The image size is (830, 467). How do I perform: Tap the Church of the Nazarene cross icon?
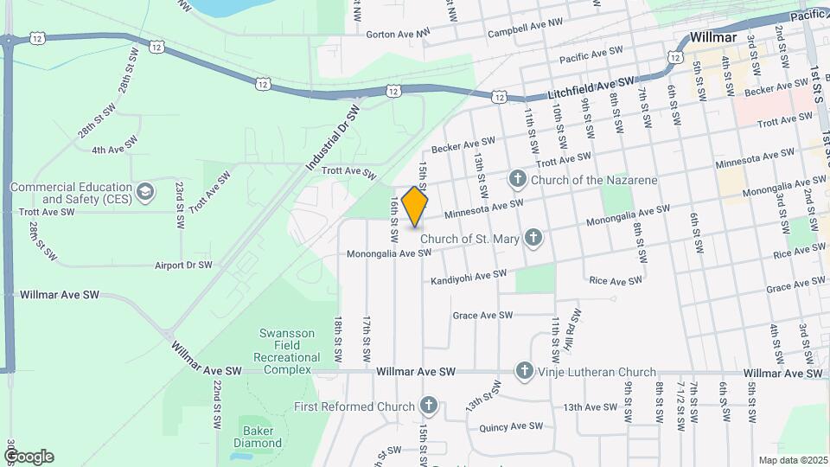click(x=518, y=180)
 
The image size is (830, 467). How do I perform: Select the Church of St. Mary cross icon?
click(x=533, y=237)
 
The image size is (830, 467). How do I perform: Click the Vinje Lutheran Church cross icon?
click(x=523, y=372)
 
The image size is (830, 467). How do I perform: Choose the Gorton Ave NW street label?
click(x=397, y=34)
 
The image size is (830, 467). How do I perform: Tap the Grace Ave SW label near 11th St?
click(x=482, y=315)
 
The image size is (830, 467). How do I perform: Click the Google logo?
click(x=29, y=456)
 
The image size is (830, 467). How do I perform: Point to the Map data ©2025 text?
click(x=793, y=460)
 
